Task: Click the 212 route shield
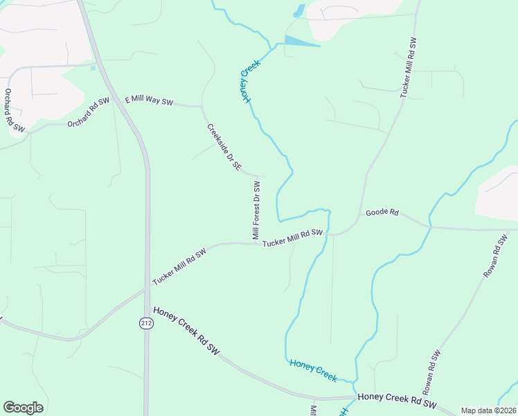coord(146,323)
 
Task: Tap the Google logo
coord(23,408)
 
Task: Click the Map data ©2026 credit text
coord(489,410)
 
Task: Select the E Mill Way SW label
coord(149,101)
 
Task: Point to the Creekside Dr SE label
coord(224,147)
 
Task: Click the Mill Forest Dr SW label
coord(256,211)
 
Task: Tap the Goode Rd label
coord(382,212)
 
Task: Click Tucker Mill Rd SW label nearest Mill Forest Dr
coord(293,236)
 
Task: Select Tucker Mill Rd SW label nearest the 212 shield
coord(179,266)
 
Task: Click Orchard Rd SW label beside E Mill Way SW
coord(89,113)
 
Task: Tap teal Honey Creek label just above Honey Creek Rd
coord(313,370)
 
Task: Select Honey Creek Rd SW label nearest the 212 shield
coord(186,331)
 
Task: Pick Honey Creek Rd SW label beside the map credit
coord(397,401)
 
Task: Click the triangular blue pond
coord(298,42)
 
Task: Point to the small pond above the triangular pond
coord(300,10)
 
